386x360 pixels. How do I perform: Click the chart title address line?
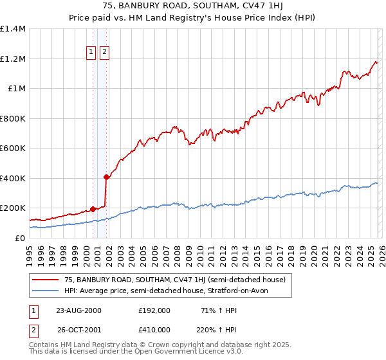(x=193, y=6)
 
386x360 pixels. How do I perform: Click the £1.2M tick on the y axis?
(x=12, y=59)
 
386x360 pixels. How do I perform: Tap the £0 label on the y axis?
(x=21, y=238)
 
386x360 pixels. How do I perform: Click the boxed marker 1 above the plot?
(x=91, y=53)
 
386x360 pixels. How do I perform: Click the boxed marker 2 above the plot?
(x=104, y=53)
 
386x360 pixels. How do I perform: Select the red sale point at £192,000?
(x=93, y=209)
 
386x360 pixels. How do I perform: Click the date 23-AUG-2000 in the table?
(x=78, y=310)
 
